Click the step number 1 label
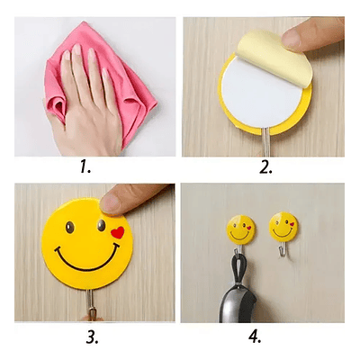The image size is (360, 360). (85, 167)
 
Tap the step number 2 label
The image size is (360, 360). (265, 167)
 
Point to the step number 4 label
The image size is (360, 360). (255, 337)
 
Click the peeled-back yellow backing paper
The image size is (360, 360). (274, 56)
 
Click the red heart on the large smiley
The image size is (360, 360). (118, 232)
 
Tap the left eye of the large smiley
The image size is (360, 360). (70, 228)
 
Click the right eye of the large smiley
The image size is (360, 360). (102, 225)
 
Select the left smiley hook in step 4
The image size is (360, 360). (240, 229)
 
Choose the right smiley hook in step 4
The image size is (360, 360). (283, 227)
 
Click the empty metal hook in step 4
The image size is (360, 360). (281, 249)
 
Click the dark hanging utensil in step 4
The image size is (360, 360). (237, 303)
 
